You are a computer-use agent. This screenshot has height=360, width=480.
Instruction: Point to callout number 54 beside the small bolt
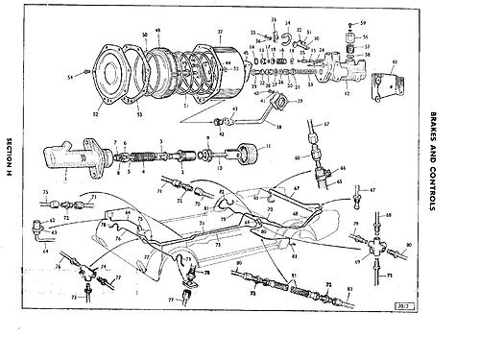(x=70, y=75)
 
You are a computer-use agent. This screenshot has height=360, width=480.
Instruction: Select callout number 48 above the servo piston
(x=158, y=31)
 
